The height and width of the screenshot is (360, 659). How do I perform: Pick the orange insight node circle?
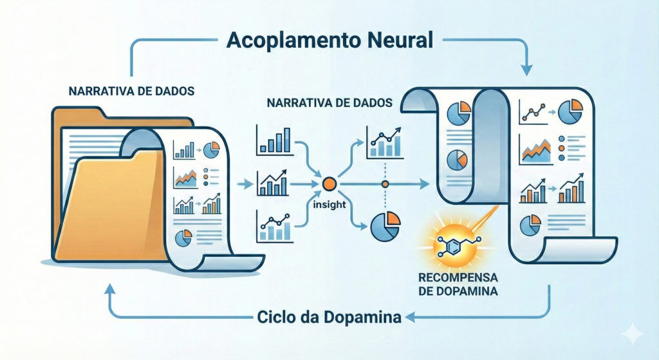coord(329,184)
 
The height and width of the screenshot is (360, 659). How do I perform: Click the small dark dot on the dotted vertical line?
coord(385,185)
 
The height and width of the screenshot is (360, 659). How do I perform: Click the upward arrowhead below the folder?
coord(109,290)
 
